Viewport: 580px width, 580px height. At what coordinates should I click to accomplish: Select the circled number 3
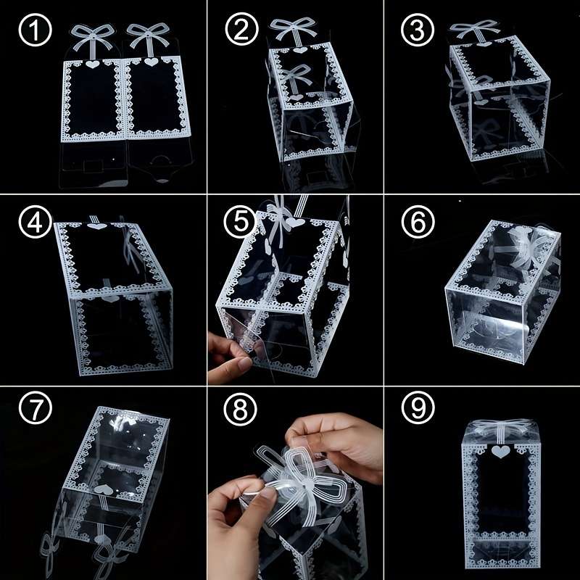pyautogui.click(x=418, y=33)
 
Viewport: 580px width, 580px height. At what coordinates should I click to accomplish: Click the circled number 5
pyautogui.click(x=241, y=223)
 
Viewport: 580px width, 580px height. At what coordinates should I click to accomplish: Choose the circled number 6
pyautogui.click(x=418, y=223)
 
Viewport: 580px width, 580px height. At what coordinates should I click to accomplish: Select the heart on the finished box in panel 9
pyautogui.click(x=500, y=452)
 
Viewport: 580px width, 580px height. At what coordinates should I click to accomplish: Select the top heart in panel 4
pyautogui.click(x=96, y=227)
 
